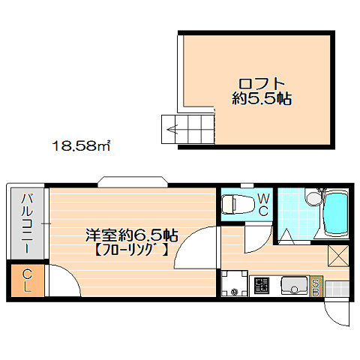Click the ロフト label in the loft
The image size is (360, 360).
(x=262, y=84)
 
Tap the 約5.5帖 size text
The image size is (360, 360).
(x=262, y=99)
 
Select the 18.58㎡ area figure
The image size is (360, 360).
(x=81, y=145)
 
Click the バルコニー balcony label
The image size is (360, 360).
(x=27, y=223)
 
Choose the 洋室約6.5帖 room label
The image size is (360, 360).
(x=132, y=235)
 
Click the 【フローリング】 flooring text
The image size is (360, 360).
(x=131, y=250)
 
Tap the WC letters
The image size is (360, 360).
(x=263, y=205)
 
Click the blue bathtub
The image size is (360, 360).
(x=335, y=213)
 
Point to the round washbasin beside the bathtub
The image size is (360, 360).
(x=313, y=199)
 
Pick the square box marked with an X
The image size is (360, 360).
(x=338, y=256)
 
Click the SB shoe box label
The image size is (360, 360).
(x=316, y=286)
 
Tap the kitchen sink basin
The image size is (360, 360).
(x=295, y=285)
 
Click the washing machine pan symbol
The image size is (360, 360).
(x=234, y=283)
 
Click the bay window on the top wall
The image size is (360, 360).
(x=133, y=182)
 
